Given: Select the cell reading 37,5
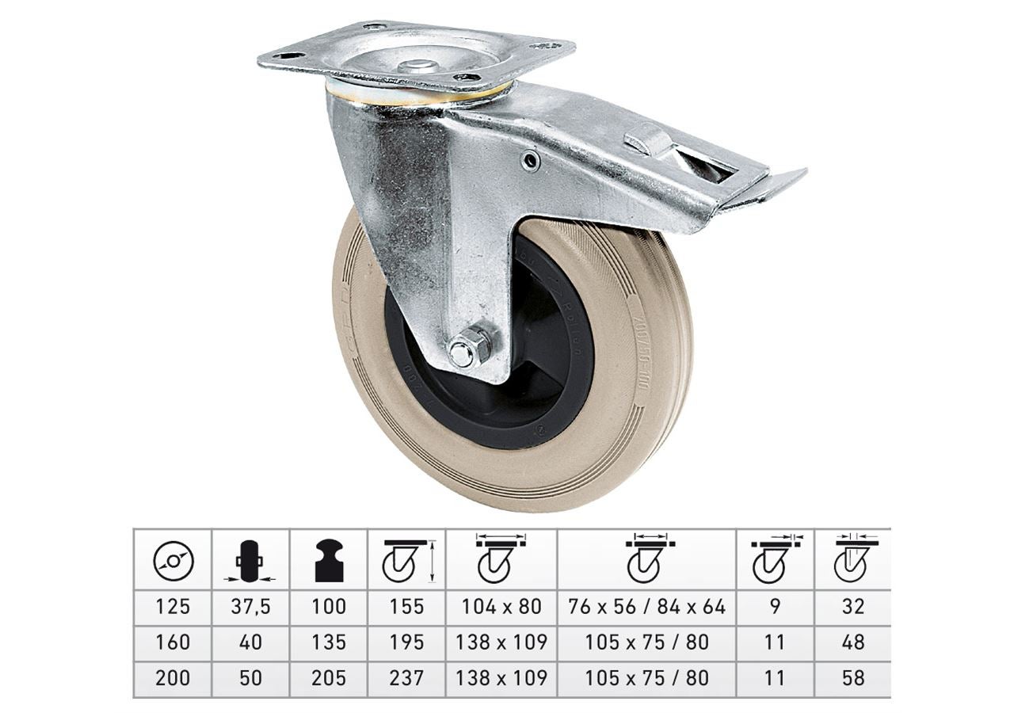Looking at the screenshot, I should coord(250,607).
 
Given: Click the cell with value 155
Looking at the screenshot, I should coord(406,607).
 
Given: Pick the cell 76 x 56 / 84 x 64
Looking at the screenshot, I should coord(646,607).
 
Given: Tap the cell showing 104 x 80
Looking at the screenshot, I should coord(501,607).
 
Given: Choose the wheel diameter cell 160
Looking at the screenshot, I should coord(173,642).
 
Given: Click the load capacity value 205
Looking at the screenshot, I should coord(329,678).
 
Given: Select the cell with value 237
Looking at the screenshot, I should coord(406,678).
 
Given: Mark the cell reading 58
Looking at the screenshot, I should coord(853,678).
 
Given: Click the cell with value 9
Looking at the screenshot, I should coord(775,607).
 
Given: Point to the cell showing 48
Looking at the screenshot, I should coord(853,642).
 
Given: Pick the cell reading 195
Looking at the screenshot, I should coord(406,642).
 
